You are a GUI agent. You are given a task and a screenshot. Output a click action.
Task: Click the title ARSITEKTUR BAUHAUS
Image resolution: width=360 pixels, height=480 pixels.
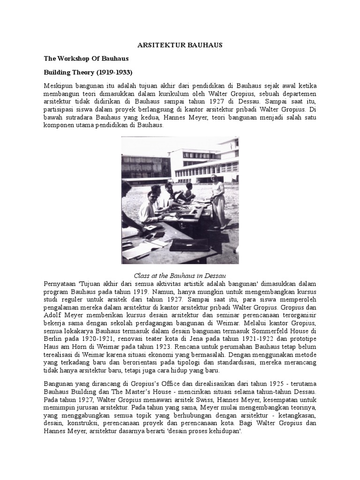[x=180, y=45]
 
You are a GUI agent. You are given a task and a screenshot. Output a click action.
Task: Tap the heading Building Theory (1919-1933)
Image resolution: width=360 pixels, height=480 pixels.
[x=88, y=73]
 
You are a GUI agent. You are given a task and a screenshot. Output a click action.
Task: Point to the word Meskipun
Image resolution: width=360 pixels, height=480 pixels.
[x=59, y=88]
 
